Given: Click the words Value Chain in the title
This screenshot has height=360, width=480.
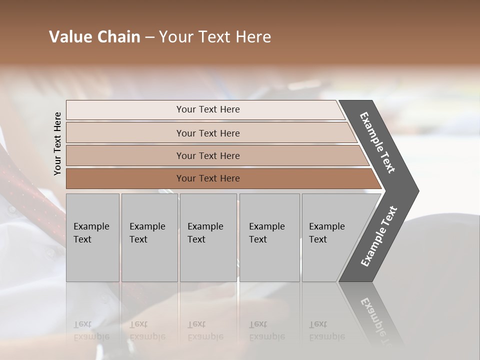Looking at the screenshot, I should [x=94, y=37].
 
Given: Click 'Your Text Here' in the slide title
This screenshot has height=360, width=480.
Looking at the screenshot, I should [x=215, y=37].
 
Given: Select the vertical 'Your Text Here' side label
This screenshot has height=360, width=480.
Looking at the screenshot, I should [x=57, y=143].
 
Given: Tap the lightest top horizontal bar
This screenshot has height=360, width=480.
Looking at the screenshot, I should [x=207, y=109].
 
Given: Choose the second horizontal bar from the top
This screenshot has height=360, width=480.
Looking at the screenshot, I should [x=207, y=133].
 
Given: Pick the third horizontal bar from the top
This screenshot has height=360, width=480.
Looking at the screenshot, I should [x=207, y=155].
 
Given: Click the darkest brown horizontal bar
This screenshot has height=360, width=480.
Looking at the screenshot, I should [x=207, y=178].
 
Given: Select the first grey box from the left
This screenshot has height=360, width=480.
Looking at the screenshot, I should [x=92, y=237].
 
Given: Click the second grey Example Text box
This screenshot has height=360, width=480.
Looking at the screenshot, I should [x=149, y=237].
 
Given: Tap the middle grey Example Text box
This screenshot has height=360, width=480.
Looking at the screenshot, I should [x=208, y=237].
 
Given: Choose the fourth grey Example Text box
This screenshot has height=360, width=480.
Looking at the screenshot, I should [x=269, y=237].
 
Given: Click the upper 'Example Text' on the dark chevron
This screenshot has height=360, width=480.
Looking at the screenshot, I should [x=377, y=142].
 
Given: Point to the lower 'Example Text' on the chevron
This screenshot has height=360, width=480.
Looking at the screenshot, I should [x=378, y=236].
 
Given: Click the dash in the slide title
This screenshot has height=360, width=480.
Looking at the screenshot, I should [x=149, y=37].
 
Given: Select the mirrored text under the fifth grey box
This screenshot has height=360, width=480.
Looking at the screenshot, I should [x=327, y=330].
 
